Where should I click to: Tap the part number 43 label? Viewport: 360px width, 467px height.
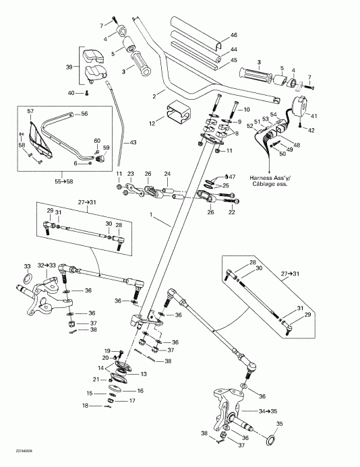coord(133,142)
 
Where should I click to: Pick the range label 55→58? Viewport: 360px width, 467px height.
coord(47,181)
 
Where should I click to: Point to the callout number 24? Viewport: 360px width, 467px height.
coord(167,173)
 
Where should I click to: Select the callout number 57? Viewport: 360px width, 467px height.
coord(30,110)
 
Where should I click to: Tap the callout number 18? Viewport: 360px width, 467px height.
coord(85,406)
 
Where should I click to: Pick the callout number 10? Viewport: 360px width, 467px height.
coord(245,109)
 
